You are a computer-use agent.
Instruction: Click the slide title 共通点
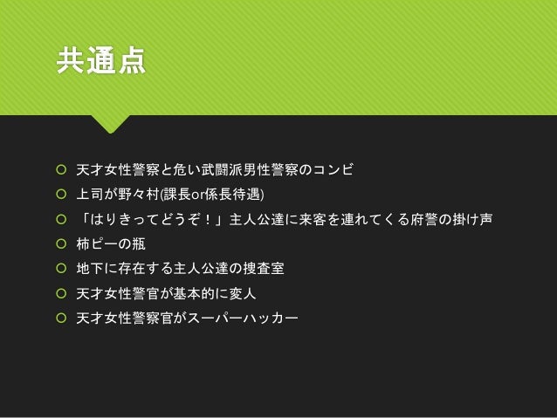(x=100, y=64)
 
